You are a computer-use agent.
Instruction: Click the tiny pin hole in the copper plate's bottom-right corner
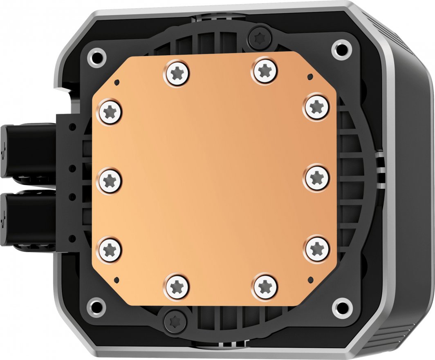pos(310,280)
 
